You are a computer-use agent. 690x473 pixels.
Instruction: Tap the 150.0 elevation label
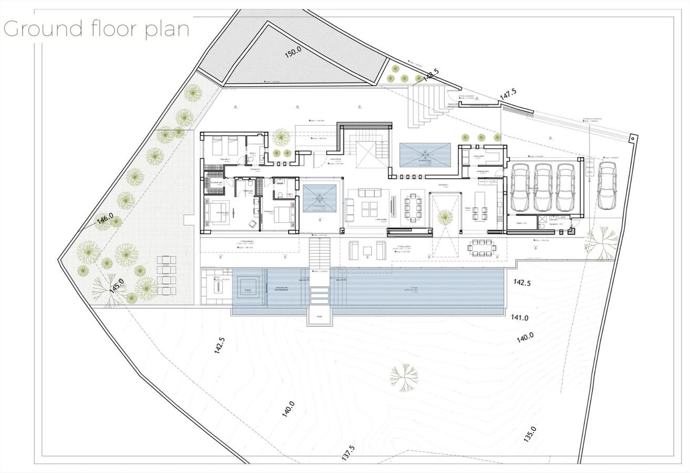[293, 52]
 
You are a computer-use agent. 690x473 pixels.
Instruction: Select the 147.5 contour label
[508, 94]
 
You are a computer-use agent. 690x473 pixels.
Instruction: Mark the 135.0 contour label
[529, 434]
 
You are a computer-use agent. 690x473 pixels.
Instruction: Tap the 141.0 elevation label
[520, 317]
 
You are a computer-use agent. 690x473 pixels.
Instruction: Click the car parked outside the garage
[607, 185]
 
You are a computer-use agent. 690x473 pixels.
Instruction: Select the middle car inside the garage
[542, 187]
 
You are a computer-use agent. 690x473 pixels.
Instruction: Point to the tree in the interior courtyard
[445, 217]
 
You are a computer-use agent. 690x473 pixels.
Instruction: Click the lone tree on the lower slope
[404, 377]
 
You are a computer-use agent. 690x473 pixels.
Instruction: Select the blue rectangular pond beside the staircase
[424, 155]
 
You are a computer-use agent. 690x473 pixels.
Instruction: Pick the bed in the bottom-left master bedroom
[216, 213]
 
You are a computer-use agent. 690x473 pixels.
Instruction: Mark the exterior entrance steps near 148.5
[428, 106]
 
